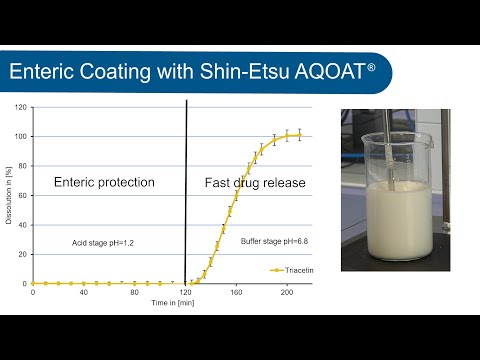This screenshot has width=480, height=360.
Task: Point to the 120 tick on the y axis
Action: click(20, 107)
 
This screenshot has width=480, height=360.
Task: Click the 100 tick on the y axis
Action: click(20, 136)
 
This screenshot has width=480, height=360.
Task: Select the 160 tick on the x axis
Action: click(235, 291)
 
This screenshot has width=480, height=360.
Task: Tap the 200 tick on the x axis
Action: click(286, 291)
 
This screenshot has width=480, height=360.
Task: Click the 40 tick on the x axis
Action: click(83, 291)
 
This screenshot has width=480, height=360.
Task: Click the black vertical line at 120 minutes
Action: click(186, 190)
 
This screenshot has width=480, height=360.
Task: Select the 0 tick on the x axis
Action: click(33, 291)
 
